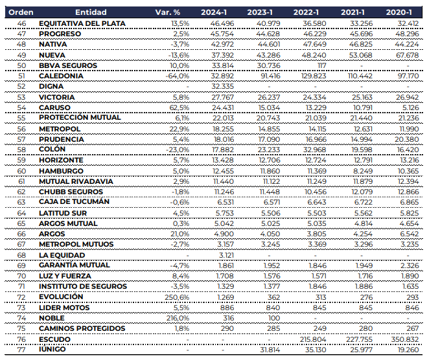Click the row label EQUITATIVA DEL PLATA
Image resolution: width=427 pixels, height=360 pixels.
tap(82, 23)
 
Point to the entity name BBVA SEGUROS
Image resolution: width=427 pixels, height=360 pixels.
tap(68, 65)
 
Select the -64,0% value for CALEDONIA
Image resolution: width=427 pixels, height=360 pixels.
tap(177, 76)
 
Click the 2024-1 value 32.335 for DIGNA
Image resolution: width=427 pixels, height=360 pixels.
tap(222, 86)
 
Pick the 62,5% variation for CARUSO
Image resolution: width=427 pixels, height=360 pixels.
tap(179, 107)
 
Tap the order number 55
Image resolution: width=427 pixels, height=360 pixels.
tap(21, 118)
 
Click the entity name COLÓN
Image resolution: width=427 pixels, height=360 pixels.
tap(53, 150)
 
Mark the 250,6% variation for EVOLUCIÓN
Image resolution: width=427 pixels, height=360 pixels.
tap(178, 297)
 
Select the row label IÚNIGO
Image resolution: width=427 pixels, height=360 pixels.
tap(54, 350)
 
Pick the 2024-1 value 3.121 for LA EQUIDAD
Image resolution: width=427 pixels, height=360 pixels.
tap(224, 255)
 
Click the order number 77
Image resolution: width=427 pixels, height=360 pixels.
tap(21, 350)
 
